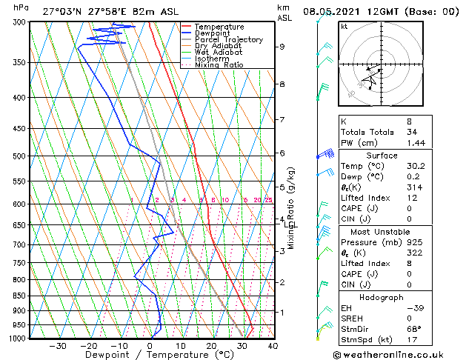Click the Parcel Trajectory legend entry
pyautogui.click(x=228, y=39)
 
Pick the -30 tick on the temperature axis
pyautogui.click(x=58, y=345)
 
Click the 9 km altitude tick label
pyautogui.click(x=282, y=47)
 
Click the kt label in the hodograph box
pyautogui.click(x=344, y=26)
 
